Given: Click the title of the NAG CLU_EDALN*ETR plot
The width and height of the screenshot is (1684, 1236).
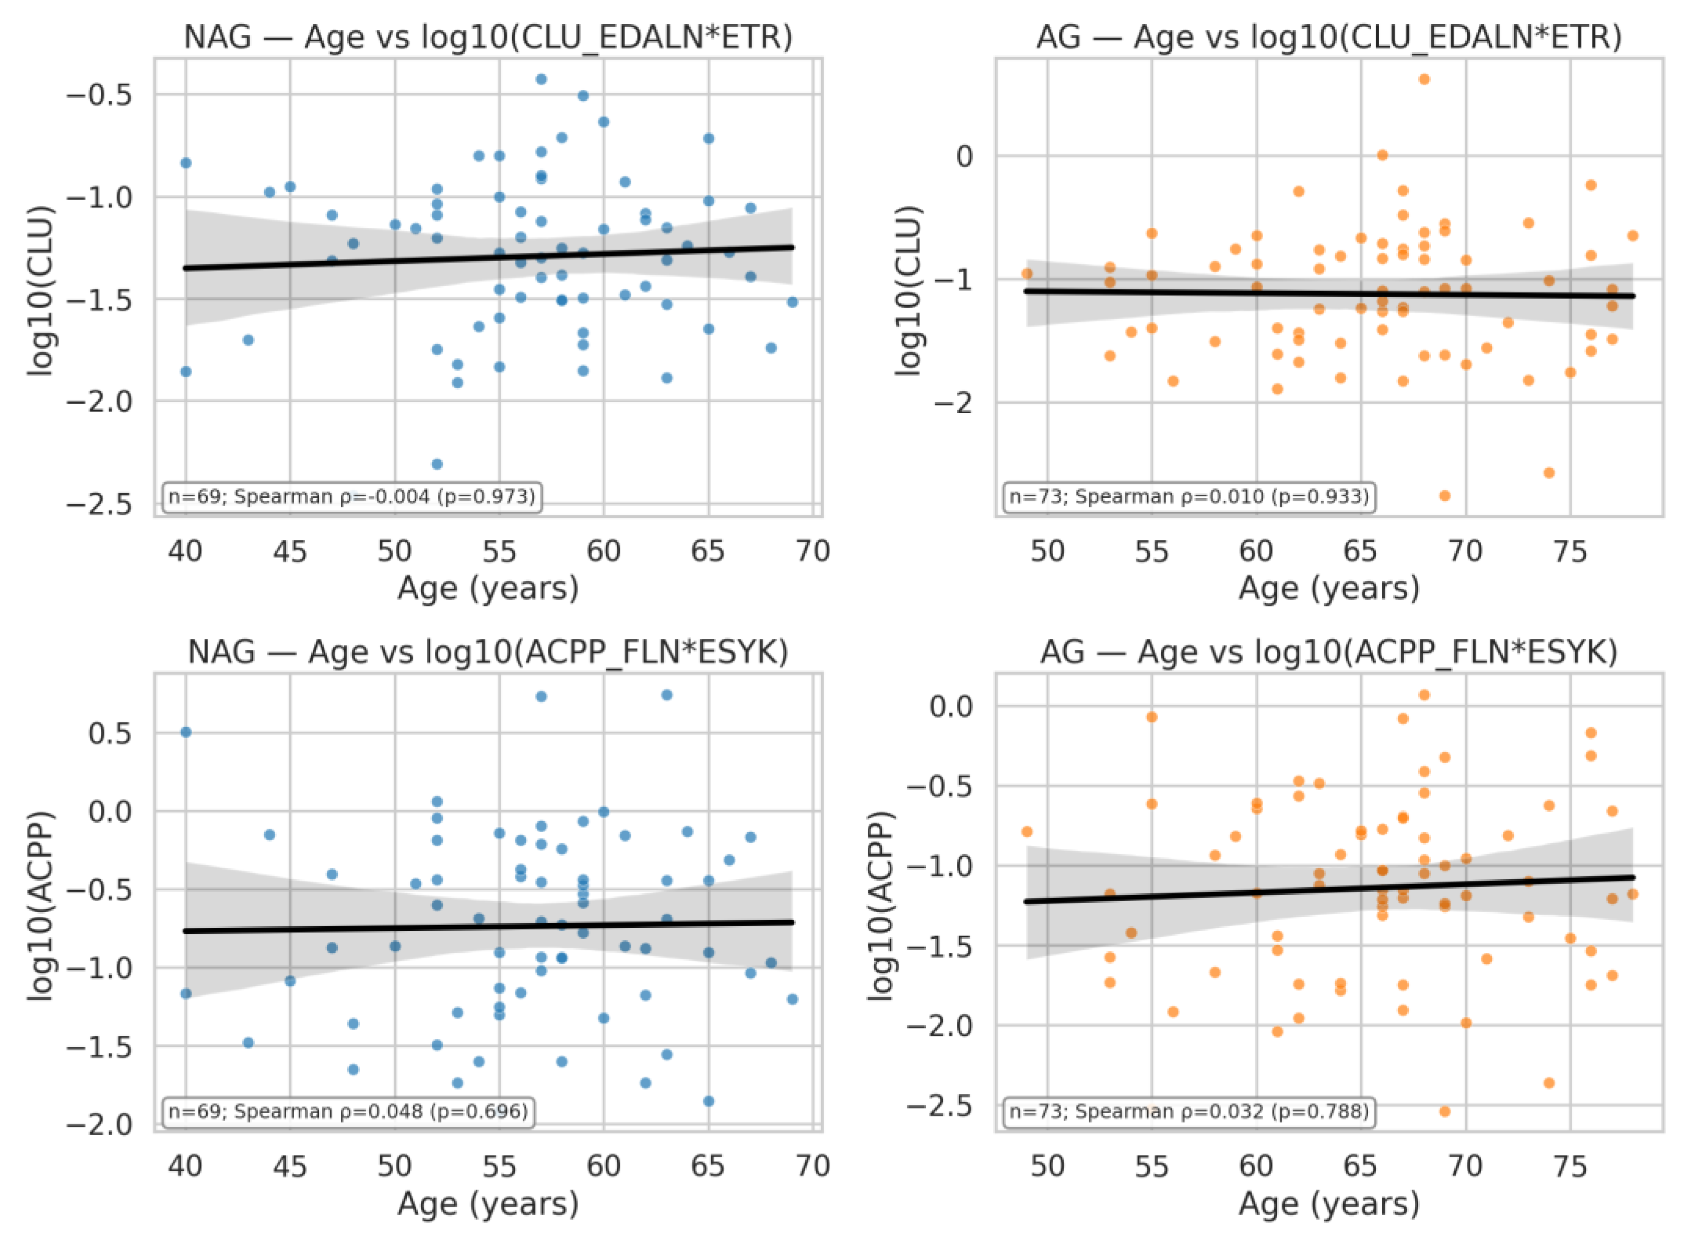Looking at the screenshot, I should [488, 38].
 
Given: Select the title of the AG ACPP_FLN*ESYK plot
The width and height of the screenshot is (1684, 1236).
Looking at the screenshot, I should [1329, 652].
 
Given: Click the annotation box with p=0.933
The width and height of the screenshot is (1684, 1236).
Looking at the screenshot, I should [1189, 496].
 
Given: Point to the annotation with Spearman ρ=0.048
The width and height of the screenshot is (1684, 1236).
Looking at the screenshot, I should [346, 1111].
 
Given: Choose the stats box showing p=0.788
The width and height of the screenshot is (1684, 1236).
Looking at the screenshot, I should [1189, 1111].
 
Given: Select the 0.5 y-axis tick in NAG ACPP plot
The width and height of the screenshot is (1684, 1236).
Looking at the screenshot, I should [110, 733].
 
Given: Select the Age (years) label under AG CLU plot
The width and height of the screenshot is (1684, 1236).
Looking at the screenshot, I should [1329, 589].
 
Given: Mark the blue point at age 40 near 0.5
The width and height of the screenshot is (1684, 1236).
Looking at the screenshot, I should [186, 732].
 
